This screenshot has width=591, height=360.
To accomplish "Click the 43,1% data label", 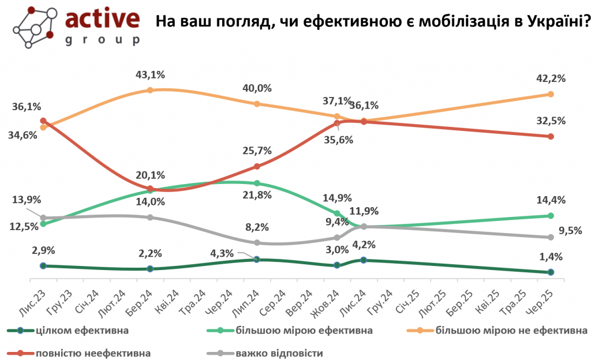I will pos(150,74).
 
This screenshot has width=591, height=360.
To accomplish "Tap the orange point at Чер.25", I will pos(551,94).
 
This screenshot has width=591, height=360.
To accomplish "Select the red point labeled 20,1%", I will pos(150,189).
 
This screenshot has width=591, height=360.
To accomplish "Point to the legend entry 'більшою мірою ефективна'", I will pos(303,331).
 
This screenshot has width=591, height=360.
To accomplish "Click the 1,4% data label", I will pos(551,257).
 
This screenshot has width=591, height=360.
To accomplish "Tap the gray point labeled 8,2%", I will pos(257,242).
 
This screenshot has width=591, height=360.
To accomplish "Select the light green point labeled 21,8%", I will pos(257,183).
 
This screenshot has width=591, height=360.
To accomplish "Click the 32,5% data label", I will pos(551,121).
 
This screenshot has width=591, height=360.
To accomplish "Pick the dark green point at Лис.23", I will pos(43,265).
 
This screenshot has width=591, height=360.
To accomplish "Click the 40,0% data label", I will pos(257,88).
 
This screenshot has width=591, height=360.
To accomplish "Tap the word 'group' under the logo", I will pos(103,40).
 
